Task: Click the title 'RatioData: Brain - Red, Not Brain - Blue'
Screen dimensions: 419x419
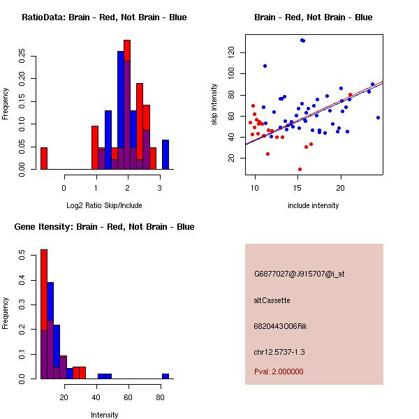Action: point(104,17)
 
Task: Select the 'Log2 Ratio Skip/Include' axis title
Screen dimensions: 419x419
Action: point(104,205)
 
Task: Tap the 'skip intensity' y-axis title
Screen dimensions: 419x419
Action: point(214,105)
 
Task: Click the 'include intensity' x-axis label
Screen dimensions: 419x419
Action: point(314,205)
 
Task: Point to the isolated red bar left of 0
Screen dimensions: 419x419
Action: point(44,159)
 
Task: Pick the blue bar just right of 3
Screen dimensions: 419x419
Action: point(166,154)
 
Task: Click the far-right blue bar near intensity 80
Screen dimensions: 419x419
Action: point(166,376)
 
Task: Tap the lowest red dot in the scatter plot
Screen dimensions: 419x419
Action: point(300,170)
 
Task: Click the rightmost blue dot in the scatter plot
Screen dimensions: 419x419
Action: point(378,117)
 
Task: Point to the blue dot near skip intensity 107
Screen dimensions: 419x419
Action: point(265,66)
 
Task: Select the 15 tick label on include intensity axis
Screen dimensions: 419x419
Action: point(297,188)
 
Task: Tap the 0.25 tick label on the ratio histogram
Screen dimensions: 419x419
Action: point(22,56)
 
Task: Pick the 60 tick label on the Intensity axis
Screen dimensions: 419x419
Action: point(128,397)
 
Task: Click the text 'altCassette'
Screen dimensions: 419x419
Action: point(272,300)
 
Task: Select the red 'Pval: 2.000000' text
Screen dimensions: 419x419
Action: point(279,372)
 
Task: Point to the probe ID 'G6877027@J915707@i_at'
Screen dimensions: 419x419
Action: point(300,274)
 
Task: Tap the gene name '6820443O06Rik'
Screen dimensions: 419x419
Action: point(280,326)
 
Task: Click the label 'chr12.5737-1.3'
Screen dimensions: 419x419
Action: point(279,352)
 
